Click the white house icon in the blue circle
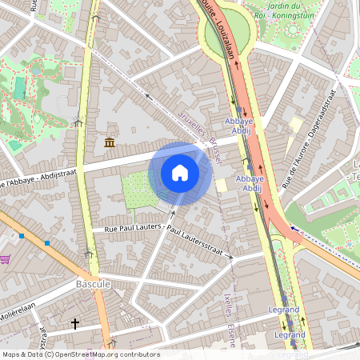pyautogui.click(x=180, y=173)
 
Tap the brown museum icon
pyautogui.click(x=109, y=142)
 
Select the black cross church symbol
pyautogui.click(x=75, y=324)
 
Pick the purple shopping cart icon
pyautogui.click(x=6, y=259)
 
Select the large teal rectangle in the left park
pyautogui.click(x=19, y=88)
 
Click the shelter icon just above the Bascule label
pyautogui.click(x=89, y=254)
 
